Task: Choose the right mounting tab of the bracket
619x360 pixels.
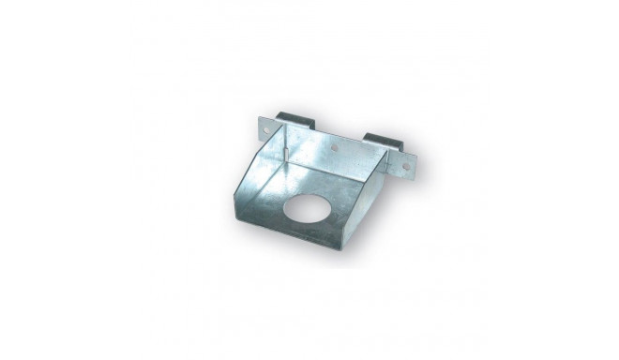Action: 404,164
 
